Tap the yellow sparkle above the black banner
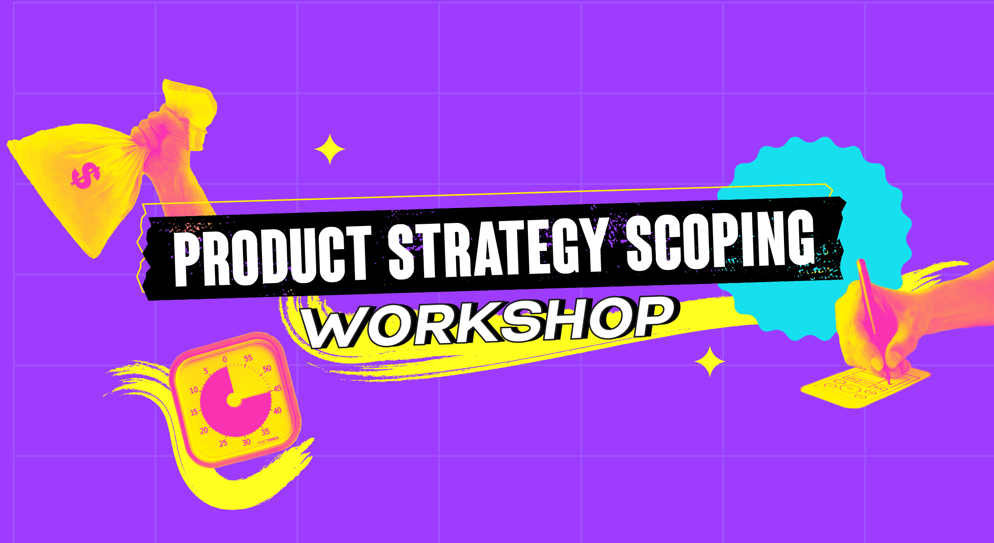tap(330, 149)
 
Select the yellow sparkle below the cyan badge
tap(710, 362)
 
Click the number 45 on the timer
tap(277, 388)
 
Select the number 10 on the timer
tap(194, 390)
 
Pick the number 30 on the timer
tap(246, 442)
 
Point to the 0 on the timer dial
tap(224, 359)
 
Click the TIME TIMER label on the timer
tap(268, 440)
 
